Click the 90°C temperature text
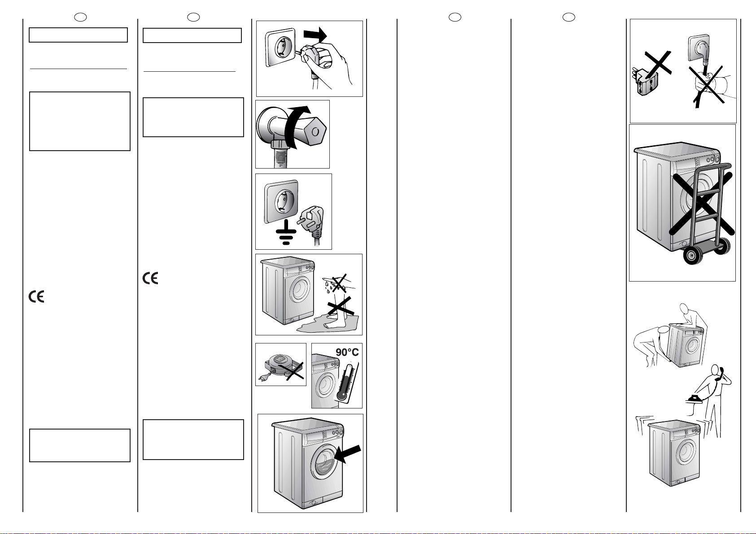(347, 353)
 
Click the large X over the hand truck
(703, 204)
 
